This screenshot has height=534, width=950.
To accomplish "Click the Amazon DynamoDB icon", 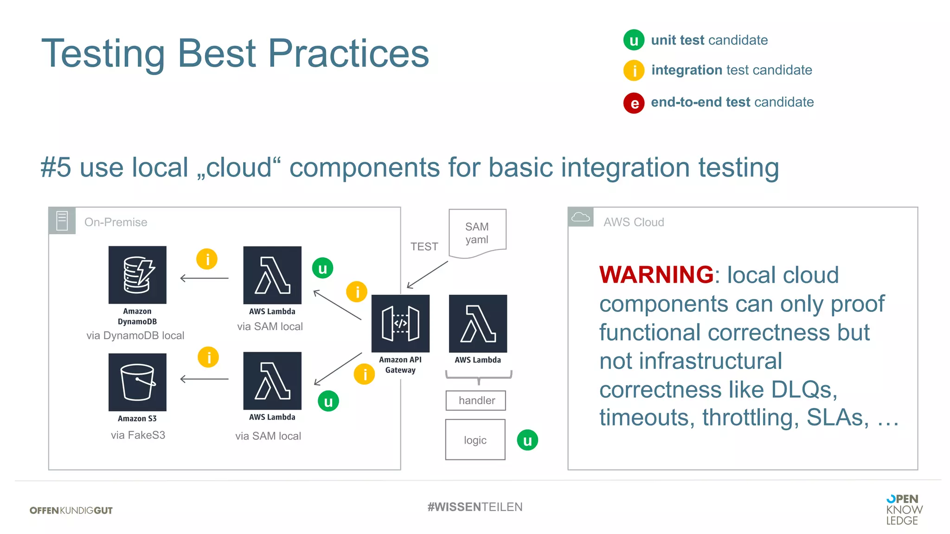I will coord(137,275).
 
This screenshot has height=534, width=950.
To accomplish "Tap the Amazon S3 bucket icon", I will coord(137,382).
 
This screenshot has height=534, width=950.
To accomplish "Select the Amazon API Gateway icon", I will coord(400,324).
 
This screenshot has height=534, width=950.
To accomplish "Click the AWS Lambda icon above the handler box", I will coord(478,324).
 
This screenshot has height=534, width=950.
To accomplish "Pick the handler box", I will coord(475,400).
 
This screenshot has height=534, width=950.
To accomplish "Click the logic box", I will coord(475,439).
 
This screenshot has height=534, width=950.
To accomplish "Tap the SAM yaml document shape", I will coord(477,233).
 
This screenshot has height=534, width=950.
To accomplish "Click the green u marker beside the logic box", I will coord(527,440).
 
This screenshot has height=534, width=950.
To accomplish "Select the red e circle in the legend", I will coord(634,103).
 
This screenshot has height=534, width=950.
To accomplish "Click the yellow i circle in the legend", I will coord(634,70).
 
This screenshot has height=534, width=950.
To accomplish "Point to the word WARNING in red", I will coord(656,274).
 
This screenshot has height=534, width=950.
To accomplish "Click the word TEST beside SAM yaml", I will coord(424,247).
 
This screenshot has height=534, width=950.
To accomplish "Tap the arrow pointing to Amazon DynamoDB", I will coord(204,278).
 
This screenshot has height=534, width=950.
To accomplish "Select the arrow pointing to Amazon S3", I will coord(204,379).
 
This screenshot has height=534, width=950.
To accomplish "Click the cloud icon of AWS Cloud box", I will coord(580,217).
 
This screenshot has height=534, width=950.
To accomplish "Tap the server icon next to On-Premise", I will coord(62,221).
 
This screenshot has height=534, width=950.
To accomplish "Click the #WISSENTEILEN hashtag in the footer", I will coord(475,507).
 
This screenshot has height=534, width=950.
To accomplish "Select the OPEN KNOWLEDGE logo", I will coord(904,509).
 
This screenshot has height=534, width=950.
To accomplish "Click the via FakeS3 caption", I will coord(138,435).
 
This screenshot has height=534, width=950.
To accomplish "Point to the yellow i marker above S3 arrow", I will coord(208,357).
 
